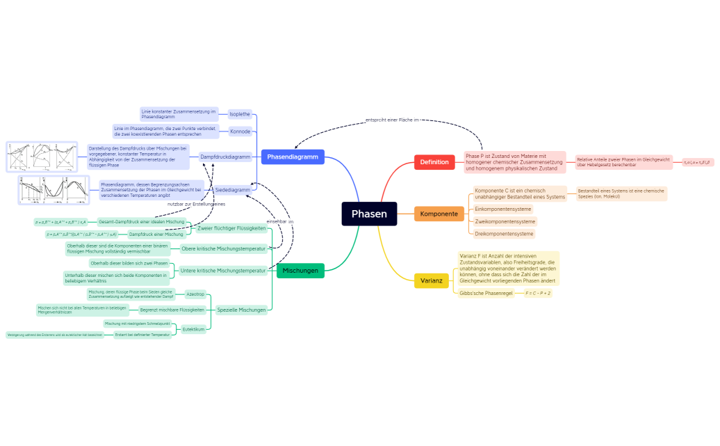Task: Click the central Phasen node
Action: pos(368,214)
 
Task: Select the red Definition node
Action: pos(434,162)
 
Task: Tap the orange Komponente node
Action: pos(439,214)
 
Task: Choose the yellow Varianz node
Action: pos(431,281)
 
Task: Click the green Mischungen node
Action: pos(300,270)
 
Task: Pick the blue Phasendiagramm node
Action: pos(292,157)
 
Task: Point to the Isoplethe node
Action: pos(239,114)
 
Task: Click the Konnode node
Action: pos(240,131)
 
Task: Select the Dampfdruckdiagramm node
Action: pos(225,157)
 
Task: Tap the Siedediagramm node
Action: pos(233,189)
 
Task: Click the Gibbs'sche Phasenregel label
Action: pos(486,294)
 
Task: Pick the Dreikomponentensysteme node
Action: pos(504,234)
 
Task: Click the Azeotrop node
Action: pos(195,294)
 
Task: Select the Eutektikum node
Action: pos(194,329)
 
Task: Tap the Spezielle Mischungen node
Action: pos(241,310)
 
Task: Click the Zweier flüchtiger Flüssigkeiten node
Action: pos(231,228)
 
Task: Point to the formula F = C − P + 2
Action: pos(538,294)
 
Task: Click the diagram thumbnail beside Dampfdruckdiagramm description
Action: pos(42,157)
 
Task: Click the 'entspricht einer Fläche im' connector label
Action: pos(393,120)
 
